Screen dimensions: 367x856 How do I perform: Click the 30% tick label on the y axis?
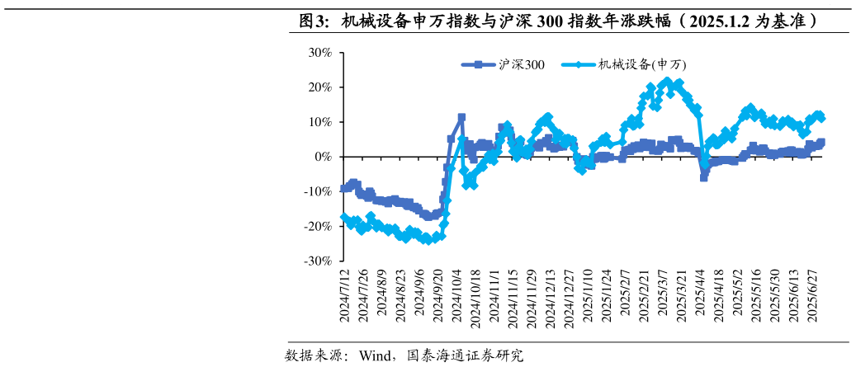[x=319, y=53]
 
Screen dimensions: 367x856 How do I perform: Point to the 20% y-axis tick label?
[x=319, y=87]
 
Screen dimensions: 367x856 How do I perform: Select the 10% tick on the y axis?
[x=319, y=122]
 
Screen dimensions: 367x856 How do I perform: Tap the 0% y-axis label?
[x=323, y=157]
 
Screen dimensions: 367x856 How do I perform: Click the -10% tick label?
[x=318, y=191]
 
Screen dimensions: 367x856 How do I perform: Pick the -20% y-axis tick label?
[x=318, y=226]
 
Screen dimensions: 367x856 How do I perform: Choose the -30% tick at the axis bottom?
[x=318, y=261]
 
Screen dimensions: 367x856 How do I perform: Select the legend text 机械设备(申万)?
[x=642, y=65]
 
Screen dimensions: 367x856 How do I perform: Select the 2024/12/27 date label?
[x=570, y=299]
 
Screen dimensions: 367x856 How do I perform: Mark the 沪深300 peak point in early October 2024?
[x=461, y=118]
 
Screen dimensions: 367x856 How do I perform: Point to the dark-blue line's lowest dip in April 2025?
[x=704, y=176]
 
